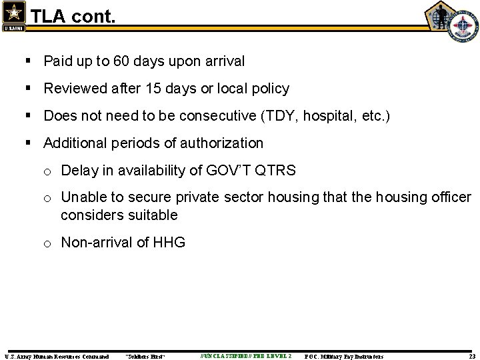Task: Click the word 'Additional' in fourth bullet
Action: (74, 143)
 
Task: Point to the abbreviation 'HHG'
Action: (171, 243)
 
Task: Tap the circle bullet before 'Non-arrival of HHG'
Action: (48, 243)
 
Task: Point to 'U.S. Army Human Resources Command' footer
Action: (57, 357)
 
